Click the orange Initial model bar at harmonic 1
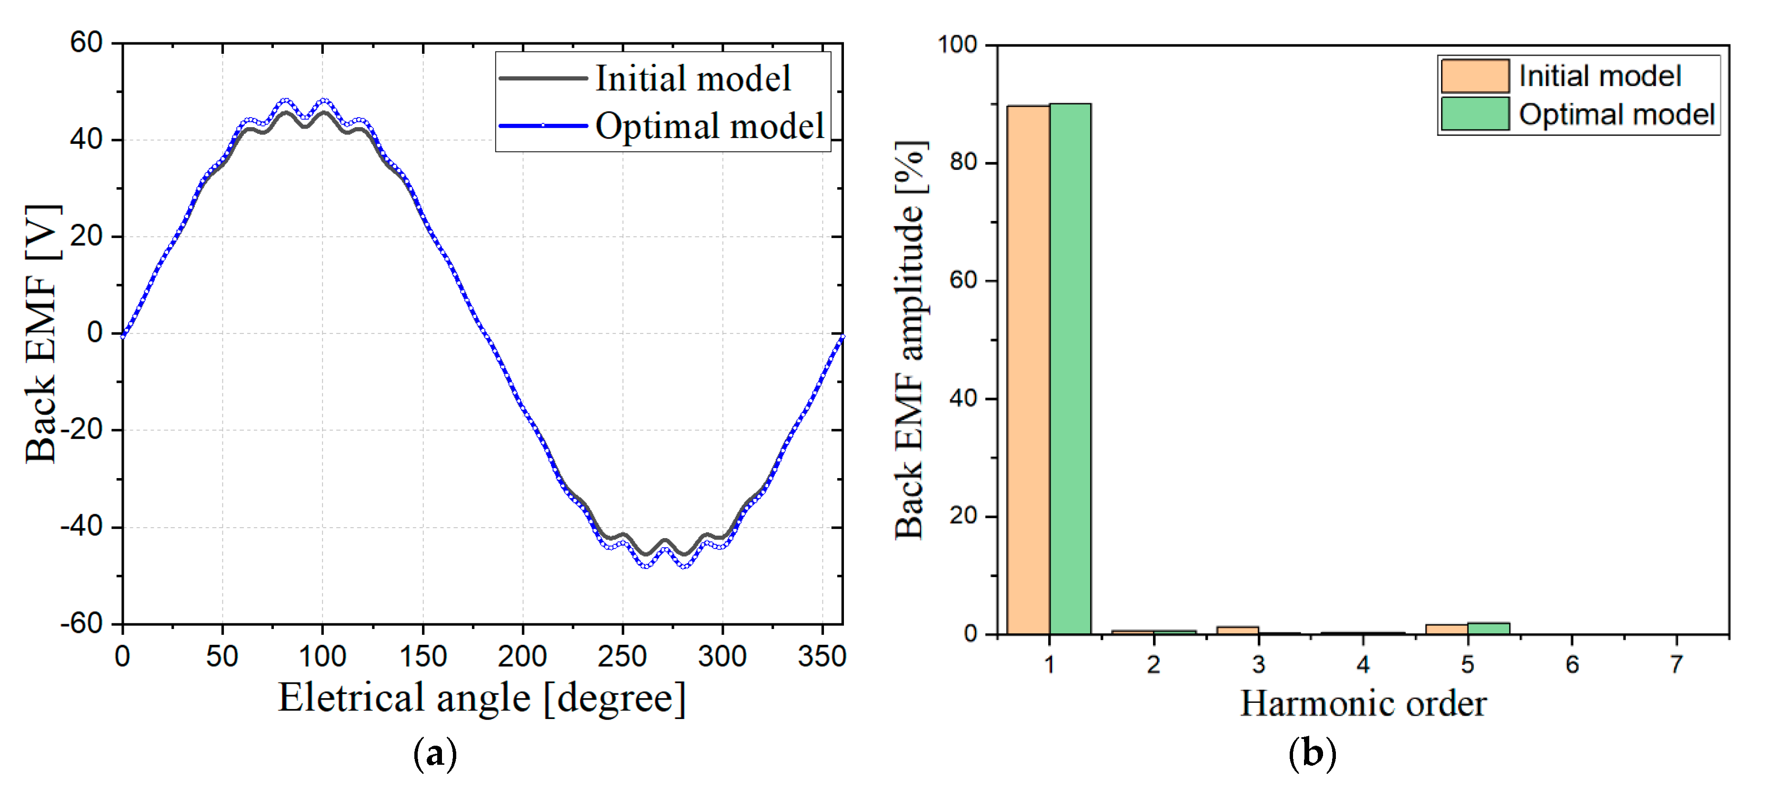tap(1028, 370)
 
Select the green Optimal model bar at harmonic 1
tap(1070, 370)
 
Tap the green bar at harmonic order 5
tap(1488, 628)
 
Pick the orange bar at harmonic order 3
tap(1237, 630)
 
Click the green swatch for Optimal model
tap(1474, 114)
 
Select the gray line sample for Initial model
tap(542, 78)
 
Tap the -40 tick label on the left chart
tap(81, 526)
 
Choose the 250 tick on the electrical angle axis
tap(622, 656)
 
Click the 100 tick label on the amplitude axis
tap(957, 45)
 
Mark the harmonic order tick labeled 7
tap(1676, 664)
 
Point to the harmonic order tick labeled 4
tap(1363, 664)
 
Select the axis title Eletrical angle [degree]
tap(481, 698)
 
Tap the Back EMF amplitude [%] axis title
tap(910, 340)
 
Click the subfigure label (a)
tap(435, 754)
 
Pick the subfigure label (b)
tap(1312, 754)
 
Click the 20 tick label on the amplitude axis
tap(963, 515)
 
